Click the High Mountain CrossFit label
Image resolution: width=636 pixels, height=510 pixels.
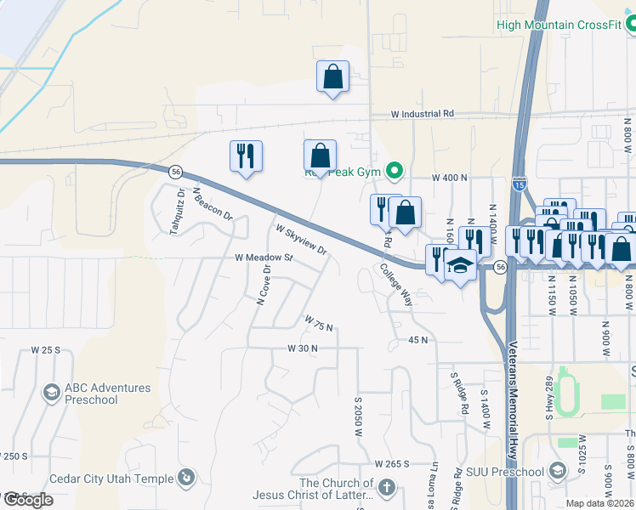559,25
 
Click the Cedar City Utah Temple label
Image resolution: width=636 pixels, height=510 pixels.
111,479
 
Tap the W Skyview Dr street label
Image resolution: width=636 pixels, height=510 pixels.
301,239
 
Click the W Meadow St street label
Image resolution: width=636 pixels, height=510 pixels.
264,257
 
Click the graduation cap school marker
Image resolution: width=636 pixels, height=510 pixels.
460,267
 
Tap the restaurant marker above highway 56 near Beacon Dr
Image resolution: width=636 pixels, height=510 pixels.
246,156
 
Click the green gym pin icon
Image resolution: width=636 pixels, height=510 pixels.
394,172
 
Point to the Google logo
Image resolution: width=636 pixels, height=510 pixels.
28,500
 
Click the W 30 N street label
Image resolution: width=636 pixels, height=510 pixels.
302,348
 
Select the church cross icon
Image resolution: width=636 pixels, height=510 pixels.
386,488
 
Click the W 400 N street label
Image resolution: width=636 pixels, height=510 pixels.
450,178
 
